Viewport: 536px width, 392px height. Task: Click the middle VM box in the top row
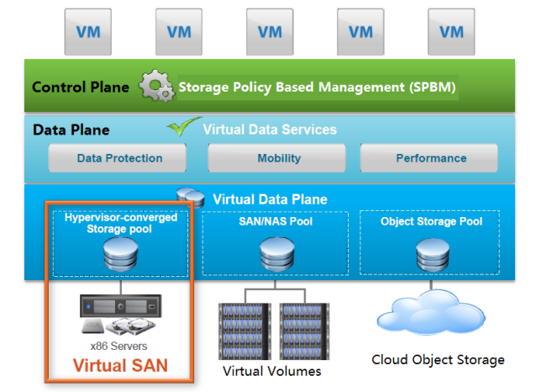[270, 32]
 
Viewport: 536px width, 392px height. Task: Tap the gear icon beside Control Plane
[156, 86]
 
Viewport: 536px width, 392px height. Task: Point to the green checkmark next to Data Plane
[183, 126]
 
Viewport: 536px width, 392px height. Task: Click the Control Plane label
[81, 87]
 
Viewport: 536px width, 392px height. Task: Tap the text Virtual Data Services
[270, 130]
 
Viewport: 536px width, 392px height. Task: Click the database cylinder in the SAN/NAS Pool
[277, 254]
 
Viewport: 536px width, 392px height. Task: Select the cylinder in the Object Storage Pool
[433, 255]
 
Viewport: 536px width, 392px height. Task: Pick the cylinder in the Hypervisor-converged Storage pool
[121, 254]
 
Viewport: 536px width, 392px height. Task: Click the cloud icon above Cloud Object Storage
[431, 312]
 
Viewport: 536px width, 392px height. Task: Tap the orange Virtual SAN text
[120, 365]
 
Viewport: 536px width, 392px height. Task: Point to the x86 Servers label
[118, 346]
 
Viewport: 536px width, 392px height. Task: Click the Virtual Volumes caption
[271, 371]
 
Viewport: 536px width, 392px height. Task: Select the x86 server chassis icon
[121, 305]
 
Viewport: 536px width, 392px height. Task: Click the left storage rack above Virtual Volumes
[244, 331]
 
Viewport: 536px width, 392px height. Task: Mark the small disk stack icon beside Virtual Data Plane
[191, 197]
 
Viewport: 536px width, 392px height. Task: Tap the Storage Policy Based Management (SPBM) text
[317, 87]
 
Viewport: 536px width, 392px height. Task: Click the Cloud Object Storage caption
[438, 360]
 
